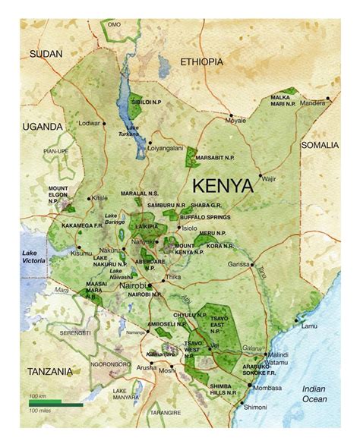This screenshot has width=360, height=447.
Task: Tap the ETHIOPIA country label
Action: coord(201,61)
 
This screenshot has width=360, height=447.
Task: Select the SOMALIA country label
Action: coord(320,144)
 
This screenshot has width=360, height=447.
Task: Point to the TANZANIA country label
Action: coord(49,371)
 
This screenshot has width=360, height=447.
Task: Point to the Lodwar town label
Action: coord(90,122)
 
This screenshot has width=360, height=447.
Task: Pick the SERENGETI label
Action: coord(75,332)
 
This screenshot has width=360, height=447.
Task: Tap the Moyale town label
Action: coord(235,121)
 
